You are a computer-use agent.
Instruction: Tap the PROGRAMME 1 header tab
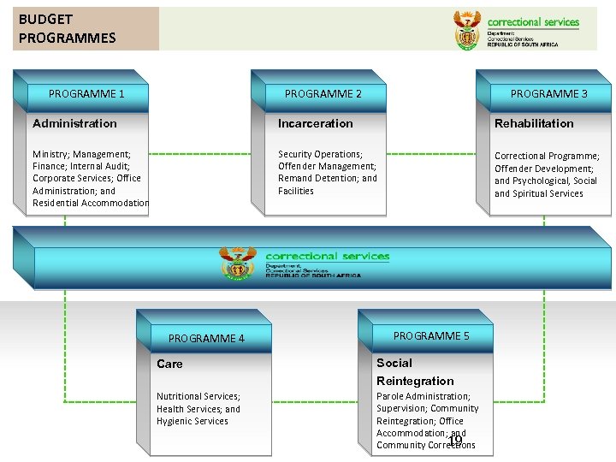(86, 94)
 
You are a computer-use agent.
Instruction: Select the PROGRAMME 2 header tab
(323, 94)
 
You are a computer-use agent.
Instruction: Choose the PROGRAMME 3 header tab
(548, 94)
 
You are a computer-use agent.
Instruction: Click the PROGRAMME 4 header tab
(206, 339)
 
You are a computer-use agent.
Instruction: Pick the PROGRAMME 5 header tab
(431, 336)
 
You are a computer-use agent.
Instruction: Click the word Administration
(74, 124)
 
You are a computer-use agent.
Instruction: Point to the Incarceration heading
(315, 124)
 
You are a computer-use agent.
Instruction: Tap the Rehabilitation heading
(534, 124)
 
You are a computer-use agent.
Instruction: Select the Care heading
(169, 364)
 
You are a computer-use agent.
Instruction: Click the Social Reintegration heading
(415, 372)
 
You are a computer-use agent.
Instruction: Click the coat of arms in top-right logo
(467, 30)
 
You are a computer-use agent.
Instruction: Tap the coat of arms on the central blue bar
(237, 263)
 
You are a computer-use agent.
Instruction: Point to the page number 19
(455, 440)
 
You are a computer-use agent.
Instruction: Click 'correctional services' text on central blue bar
(327, 257)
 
